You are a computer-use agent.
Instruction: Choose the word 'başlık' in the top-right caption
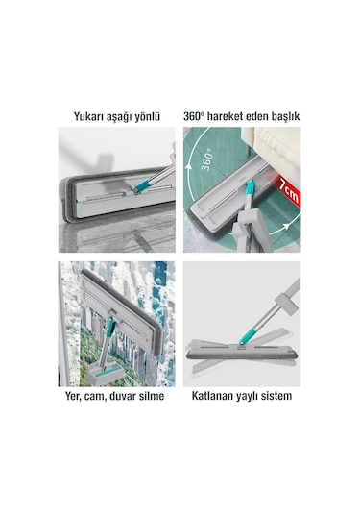click(x=279, y=115)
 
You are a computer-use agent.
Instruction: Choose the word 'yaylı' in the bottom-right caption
click(x=256, y=394)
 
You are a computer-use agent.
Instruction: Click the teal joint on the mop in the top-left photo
click(x=143, y=182)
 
